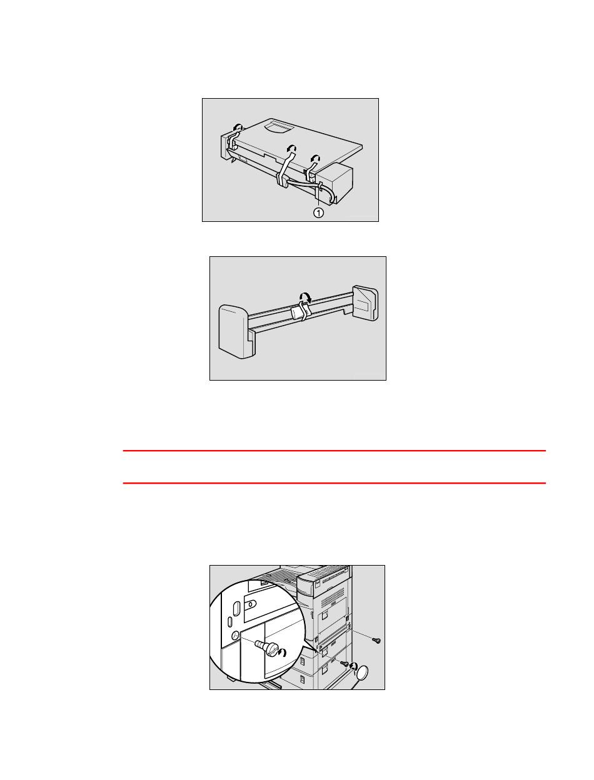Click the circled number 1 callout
tap(318, 212)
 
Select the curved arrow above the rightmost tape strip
tap(315, 157)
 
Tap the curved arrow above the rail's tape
tap(305, 297)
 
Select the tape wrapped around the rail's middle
tap(300, 311)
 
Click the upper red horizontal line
tap(334, 451)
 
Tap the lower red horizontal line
tap(334, 483)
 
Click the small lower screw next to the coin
tap(344, 663)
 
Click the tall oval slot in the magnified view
tap(235, 609)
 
